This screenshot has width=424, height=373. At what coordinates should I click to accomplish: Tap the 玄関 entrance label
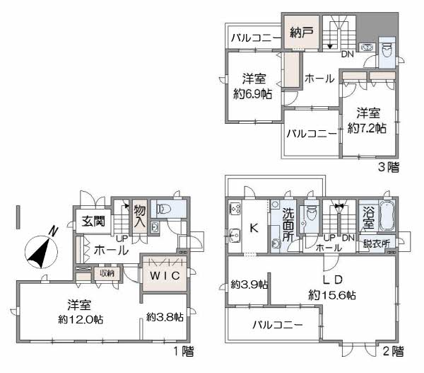(93, 222)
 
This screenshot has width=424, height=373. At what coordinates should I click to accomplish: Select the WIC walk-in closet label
(165, 276)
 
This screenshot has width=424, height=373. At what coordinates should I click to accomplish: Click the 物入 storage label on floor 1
(140, 216)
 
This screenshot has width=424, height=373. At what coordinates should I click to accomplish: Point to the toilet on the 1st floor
(164, 209)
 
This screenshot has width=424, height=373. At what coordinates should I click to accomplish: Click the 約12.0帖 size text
(81, 320)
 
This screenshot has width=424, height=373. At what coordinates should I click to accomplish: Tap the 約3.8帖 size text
(165, 316)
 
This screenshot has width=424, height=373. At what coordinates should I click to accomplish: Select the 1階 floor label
(184, 352)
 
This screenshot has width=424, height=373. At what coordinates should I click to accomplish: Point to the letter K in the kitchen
(254, 228)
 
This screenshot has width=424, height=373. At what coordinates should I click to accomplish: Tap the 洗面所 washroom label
(288, 224)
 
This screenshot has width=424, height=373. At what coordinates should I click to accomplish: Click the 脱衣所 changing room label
(377, 244)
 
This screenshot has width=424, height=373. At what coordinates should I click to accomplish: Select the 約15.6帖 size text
(332, 295)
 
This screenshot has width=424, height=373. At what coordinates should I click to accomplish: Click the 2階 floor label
(393, 352)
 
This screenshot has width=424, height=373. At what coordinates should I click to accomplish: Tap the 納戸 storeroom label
(302, 33)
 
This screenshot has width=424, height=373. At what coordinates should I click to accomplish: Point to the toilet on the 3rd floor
(387, 51)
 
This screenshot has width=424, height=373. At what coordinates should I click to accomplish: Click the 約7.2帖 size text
(367, 128)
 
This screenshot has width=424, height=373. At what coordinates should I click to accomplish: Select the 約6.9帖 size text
(253, 94)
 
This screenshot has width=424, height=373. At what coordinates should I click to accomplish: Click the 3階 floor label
(388, 167)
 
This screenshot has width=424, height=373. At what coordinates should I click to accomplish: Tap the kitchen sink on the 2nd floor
(235, 236)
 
